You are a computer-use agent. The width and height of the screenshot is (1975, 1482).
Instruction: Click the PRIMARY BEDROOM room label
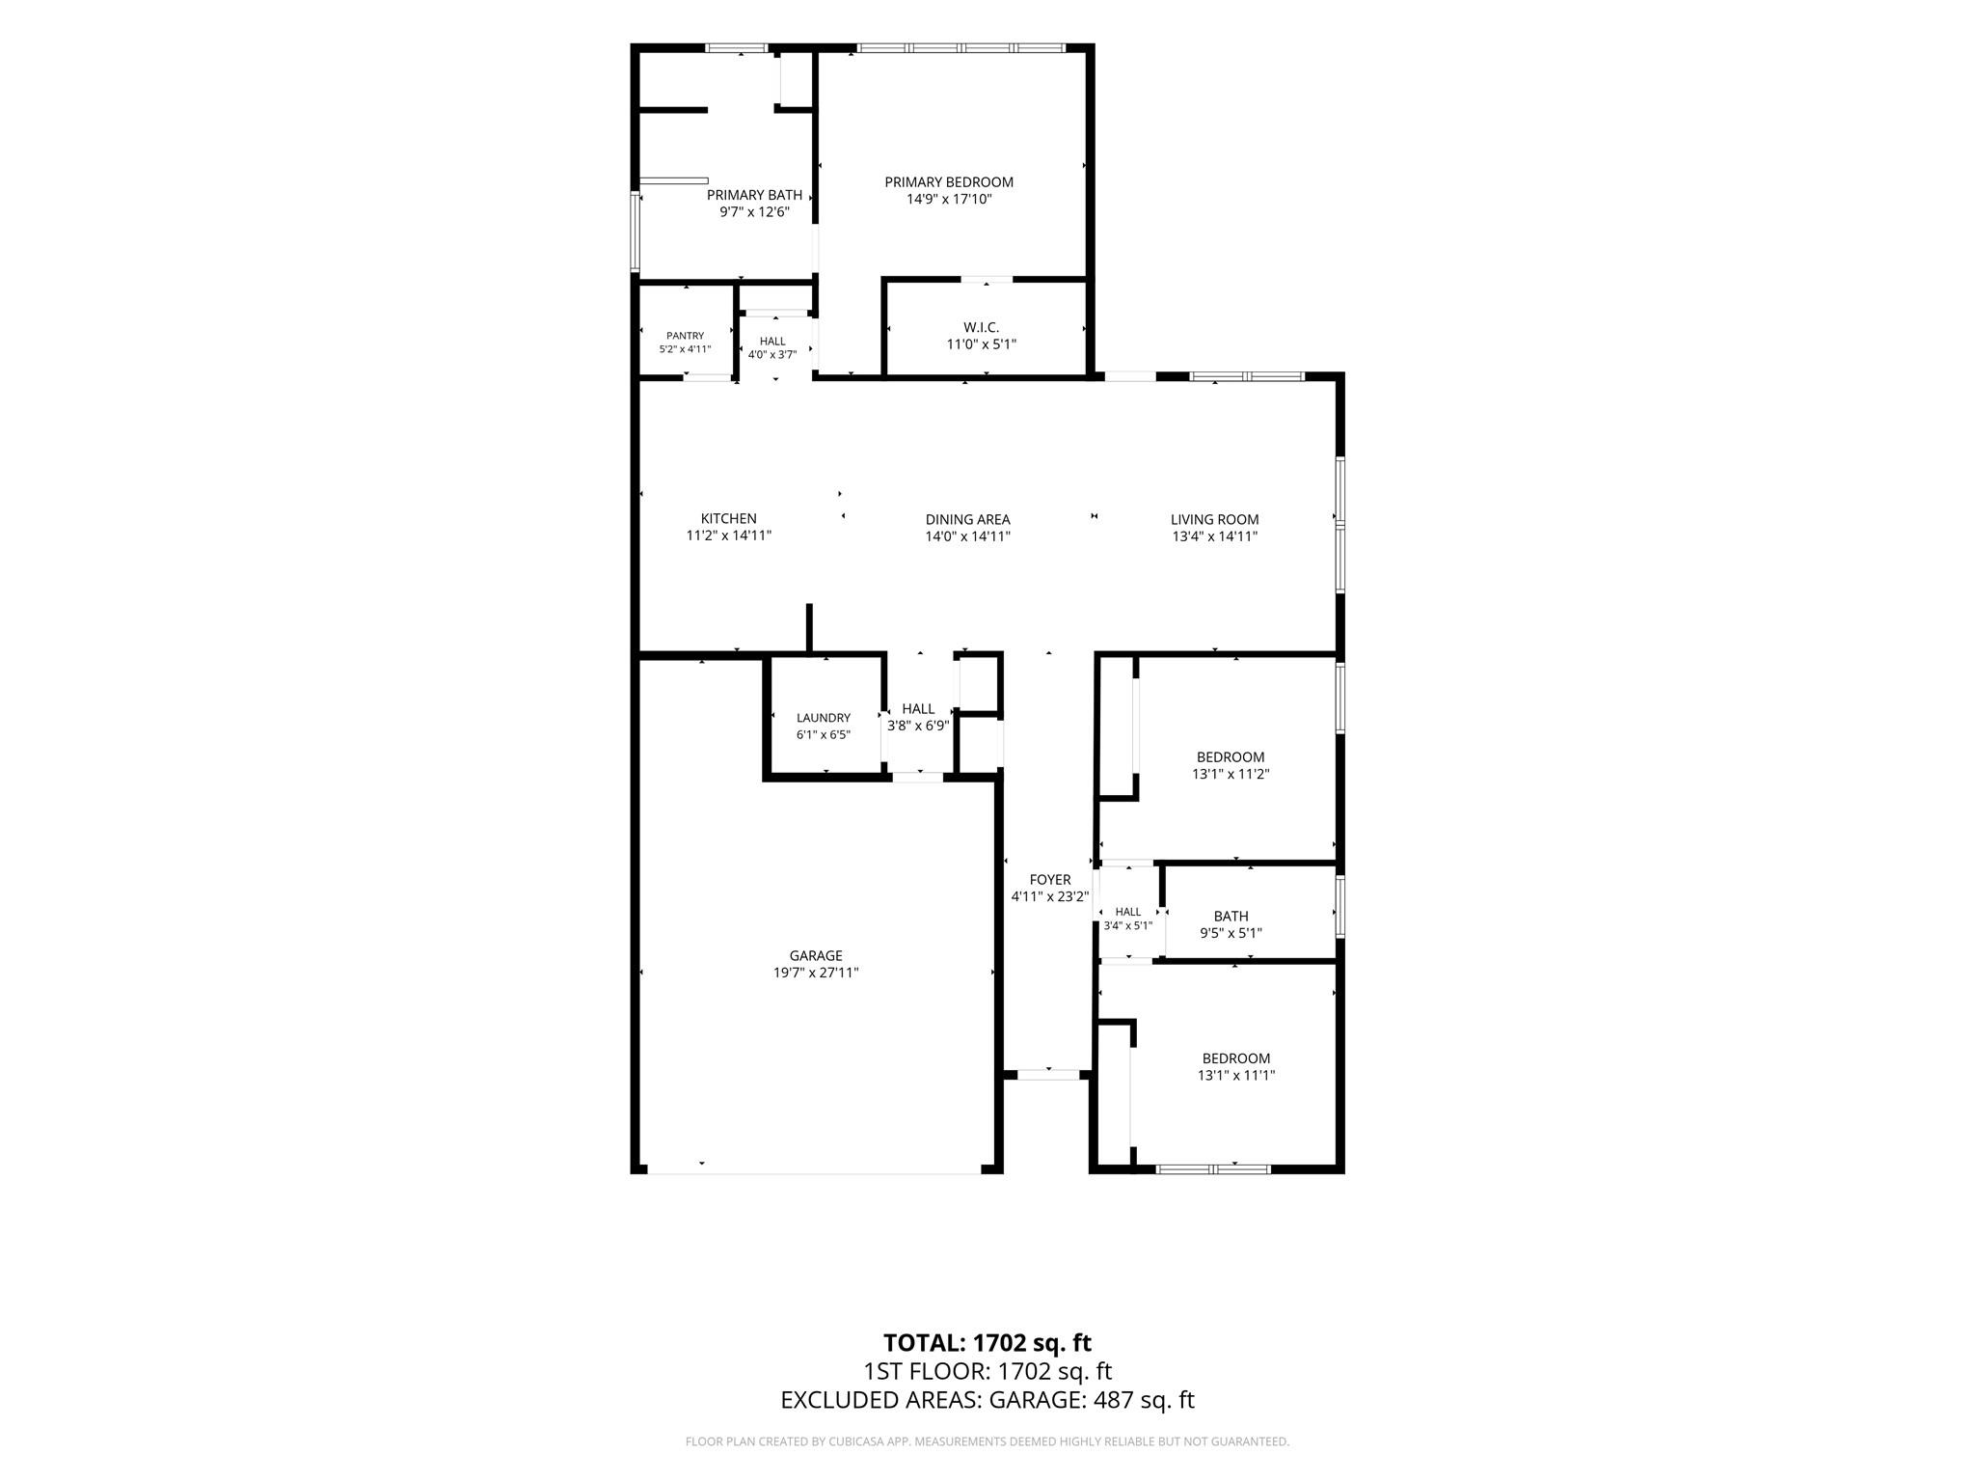pyautogui.click(x=949, y=182)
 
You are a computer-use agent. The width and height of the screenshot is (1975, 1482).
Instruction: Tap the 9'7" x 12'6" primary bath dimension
pyautogui.click(x=755, y=212)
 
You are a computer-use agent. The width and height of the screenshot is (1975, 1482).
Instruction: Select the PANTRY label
pyautogui.click(x=685, y=336)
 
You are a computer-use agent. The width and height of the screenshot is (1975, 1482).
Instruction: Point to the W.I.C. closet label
pyautogui.click(x=980, y=327)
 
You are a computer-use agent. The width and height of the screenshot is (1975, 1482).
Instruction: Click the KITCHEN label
pyautogui.click(x=728, y=519)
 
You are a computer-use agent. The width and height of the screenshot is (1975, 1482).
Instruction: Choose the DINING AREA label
pyautogui.click(x=967, y=520)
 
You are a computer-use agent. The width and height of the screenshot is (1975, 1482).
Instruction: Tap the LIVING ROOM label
pyautogui.click(x=1214, y=520)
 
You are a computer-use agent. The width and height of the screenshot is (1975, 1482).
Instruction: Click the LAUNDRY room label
pyautogui.click(x=824, y=718)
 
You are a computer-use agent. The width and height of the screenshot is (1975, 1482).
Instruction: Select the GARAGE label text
pyautogui.click(x=816, y=956)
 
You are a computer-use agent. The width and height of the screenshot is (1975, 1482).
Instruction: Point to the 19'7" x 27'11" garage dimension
pyautogui.click(x=816, y=974)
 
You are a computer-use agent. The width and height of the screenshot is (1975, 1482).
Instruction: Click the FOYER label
pyautogui.click(x=1049, y=880)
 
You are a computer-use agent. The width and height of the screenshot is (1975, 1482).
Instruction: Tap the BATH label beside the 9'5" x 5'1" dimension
pyautogui.click(x=1231, y=917)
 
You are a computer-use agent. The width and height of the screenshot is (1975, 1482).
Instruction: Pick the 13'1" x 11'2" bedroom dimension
pyautogui.click(x=1231, y=774)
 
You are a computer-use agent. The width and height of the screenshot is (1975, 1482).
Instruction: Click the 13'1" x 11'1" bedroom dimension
pyautogui.click(x=1236, y=1075)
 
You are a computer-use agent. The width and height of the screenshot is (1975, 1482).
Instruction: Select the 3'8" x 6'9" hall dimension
pyautogui.click(x=918, y=726)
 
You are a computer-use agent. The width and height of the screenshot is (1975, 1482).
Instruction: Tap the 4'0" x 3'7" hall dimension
pyautogui.click(x=772, y=354)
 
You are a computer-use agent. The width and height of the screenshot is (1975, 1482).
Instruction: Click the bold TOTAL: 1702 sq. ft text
pyautogui.click(x=987, y=1342)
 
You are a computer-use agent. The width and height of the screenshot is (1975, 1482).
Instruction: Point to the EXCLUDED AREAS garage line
pyautogui.click(x=987, y=1400)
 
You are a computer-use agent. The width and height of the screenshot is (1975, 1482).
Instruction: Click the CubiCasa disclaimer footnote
pyautogui.click(x=987, y=1441)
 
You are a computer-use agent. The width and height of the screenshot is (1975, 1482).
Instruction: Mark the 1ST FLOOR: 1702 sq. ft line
pyautogui.click(x=987, y=1371)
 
